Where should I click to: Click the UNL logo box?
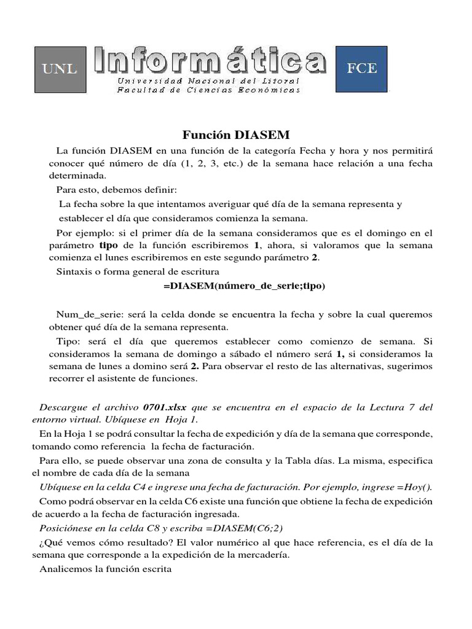tap(60, 68)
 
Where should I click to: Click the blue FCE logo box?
tap(361, 68)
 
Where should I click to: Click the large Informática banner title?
tap(210, 61)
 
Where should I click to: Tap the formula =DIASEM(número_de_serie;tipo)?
tap(245, 286)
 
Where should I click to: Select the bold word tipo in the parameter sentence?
tap(108, 246)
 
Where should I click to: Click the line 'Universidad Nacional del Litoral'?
tap(208, 81)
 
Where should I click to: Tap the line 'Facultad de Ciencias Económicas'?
tap(208, 90)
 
